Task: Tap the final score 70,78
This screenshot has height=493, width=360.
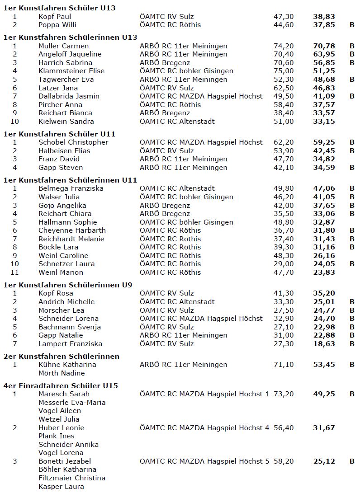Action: [324, 46]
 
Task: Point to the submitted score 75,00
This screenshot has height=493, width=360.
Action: [284, 71]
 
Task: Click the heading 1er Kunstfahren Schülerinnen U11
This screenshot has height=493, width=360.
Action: [70, 180]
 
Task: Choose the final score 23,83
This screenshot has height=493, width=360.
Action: [324, 272]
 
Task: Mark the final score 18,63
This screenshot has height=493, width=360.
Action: [324, 344]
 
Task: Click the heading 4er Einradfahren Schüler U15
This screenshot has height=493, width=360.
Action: [61, 385]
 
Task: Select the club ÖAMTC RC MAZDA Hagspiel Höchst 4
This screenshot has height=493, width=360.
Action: [204, 428]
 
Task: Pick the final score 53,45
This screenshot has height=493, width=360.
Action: [324, 365]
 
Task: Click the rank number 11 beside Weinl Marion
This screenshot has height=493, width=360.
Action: [15, 272]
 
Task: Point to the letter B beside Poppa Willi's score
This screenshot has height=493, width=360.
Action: [352, 25]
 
